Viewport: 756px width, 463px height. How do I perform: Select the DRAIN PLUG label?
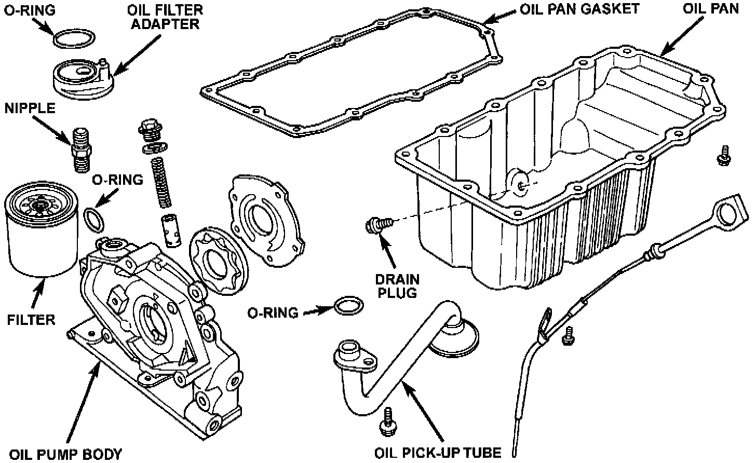397,285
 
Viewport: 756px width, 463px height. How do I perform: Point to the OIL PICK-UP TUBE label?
438,453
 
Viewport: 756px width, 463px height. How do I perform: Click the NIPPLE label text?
30,108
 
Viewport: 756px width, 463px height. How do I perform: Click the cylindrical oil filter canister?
40,234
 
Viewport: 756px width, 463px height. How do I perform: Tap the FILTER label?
31,319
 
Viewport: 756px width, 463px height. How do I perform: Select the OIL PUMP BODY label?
66,454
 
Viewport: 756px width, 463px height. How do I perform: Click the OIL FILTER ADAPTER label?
166,17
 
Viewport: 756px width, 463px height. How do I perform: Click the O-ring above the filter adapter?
74,39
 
